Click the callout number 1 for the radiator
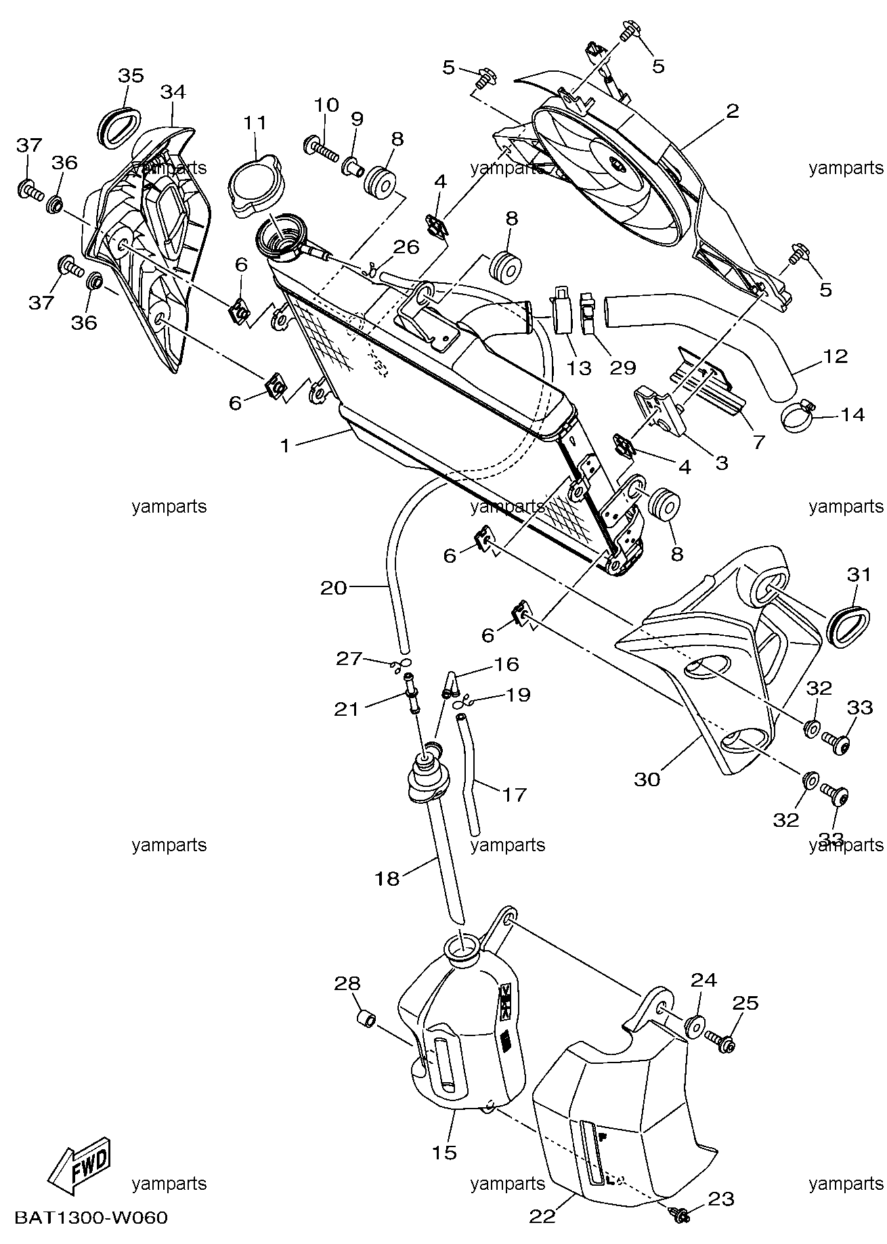coord(285,446)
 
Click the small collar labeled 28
coord(366,1018)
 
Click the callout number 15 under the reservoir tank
coord(445,1153)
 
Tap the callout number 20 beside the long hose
coord(334,588)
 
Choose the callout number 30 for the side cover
coord(647,779)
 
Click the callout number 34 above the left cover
coord(173,91)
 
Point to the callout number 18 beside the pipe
coord(387,878)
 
